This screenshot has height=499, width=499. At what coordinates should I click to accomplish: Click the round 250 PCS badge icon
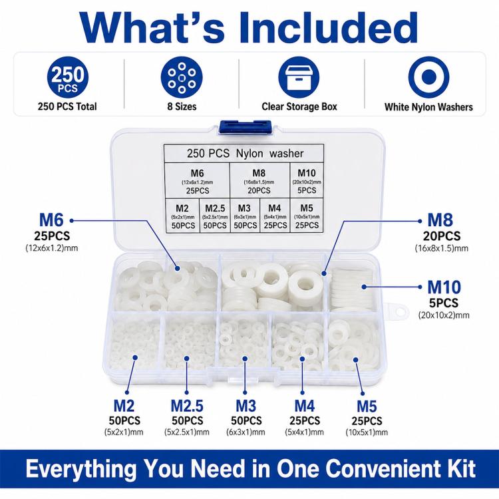tap(68, 77)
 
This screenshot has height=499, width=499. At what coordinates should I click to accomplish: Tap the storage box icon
tap(299, 77)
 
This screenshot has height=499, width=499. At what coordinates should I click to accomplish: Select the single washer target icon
tap(428, 77)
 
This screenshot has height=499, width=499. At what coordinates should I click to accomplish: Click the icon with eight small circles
tap(182, 77)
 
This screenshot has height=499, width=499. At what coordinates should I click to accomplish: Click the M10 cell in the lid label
tap(307, 181)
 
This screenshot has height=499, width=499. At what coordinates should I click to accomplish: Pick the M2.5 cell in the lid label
tap(215, 216)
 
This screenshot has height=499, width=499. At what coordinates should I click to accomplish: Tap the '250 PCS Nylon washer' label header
tap(244, 154)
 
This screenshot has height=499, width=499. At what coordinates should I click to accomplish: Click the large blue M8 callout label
tap(440, 220)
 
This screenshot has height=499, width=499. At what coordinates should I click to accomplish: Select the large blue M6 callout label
tap(51, 220)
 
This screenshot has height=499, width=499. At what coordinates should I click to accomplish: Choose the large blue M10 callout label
tap(444, 287)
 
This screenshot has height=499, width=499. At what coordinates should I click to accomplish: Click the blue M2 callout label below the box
tap(124, 406)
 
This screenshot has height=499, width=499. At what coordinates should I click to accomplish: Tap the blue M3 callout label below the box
tap(246, 406)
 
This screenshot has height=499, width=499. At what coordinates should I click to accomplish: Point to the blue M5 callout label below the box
tap(367, 407)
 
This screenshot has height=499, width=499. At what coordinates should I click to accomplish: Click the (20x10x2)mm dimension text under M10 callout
tap(444, 315)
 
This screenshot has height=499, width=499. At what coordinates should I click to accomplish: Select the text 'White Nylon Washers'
tap(428, 107)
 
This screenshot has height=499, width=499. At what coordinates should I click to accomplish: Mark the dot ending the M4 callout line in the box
tap(302, 359)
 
